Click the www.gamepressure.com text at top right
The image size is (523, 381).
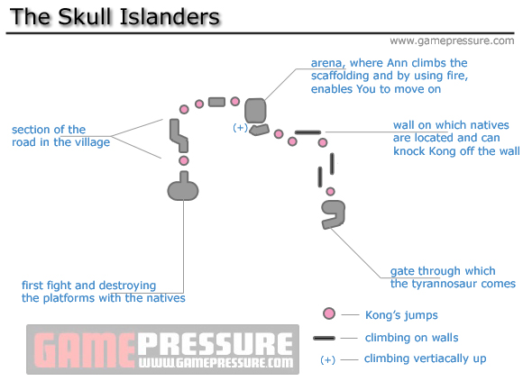(451, 41)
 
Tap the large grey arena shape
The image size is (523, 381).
(255, 110)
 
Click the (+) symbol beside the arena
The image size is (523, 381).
(240, 128)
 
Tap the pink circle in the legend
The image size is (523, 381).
(329, 314)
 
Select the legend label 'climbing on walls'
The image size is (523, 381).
(411, 338)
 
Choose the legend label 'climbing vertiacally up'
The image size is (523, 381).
(425, 358)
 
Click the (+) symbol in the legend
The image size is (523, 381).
(328, 359)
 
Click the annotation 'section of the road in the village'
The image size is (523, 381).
(60, 136)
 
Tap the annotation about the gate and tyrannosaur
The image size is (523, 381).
(453, 277)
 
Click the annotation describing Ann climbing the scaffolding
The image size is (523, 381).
(389, 76)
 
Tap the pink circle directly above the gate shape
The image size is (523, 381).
(331, 192)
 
